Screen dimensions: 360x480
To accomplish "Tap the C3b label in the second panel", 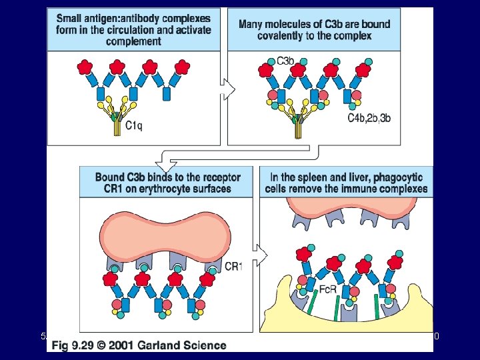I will [x=286, y=61].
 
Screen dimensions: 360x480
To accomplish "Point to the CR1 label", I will [x=233, y=267].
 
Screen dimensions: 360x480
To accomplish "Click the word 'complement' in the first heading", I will [x=134, y=41].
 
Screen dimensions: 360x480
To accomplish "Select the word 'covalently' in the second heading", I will [x=284, y=35].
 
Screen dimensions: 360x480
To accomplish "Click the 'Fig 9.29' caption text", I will [x=78, y=345].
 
